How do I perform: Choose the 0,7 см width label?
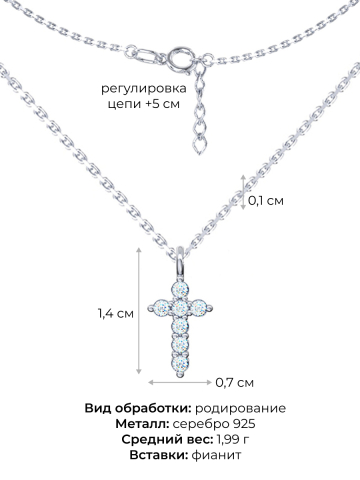click(x=235, y=382)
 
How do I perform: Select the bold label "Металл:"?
click(x=147, y=423)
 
